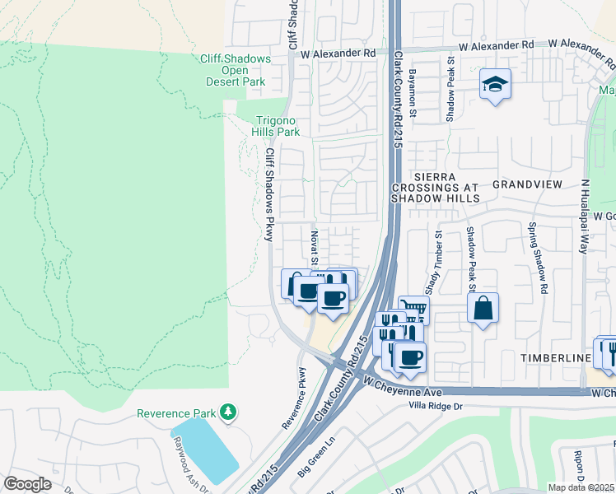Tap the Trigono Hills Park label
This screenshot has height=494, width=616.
pos(275,125)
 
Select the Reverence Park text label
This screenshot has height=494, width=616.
pos(175,413)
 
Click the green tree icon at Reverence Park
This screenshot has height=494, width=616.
pos(227,412)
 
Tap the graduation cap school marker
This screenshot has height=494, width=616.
pos(496,85)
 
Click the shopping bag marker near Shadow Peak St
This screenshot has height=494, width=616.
pos(483,310)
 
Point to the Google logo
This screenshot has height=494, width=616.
pos(27,484)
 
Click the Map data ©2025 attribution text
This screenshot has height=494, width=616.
pos(581,487)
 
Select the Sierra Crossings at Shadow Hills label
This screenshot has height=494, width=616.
pos(436,188)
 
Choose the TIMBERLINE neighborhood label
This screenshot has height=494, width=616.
pos(555,358)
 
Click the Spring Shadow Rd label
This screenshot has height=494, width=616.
pos(539,259)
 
